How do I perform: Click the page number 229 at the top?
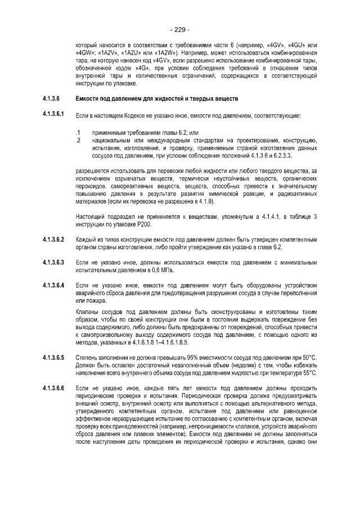click(180, 29)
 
